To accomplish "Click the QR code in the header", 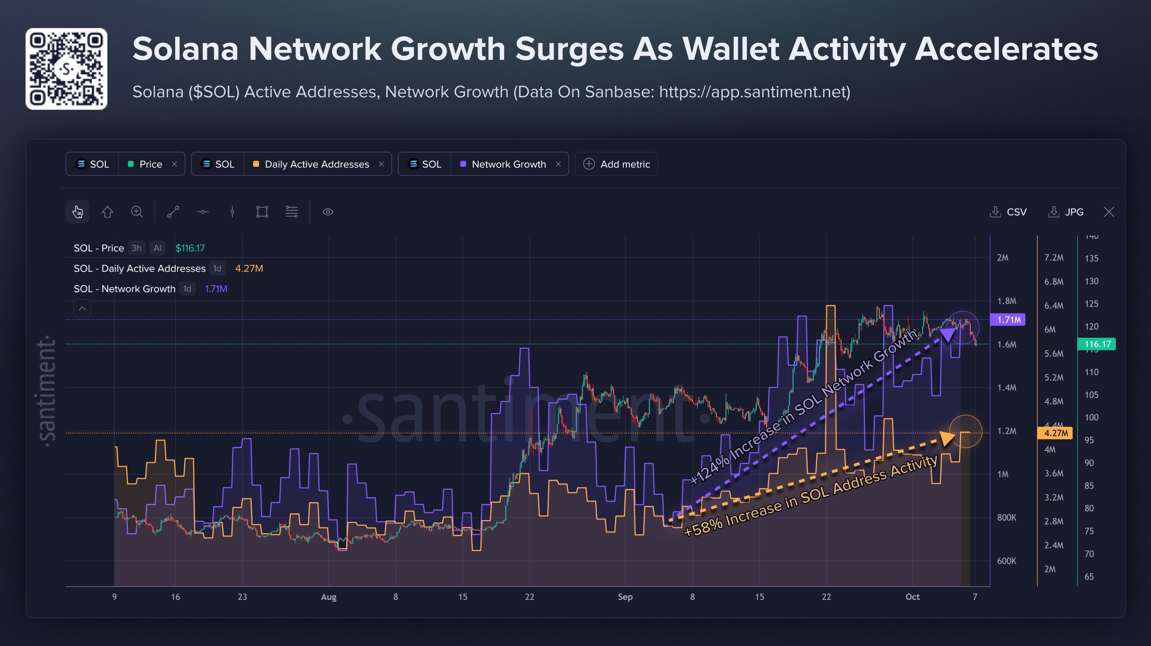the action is tap(66, 69).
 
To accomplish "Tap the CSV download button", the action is tap(1008, 212).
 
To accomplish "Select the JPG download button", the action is tap(1065, 212).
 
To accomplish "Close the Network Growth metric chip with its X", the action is tap(558, 164).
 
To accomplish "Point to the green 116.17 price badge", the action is tap(1097, 344).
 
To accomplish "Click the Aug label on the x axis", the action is tap(328, 597).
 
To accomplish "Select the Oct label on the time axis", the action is tap(912, 597).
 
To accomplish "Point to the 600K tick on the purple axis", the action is tap(1007, 561).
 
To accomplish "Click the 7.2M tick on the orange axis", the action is tap(1054, 258).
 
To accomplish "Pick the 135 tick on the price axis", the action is tap(1092, 258).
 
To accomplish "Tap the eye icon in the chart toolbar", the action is tap(328, 212).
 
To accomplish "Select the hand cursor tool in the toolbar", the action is tap(78, 212).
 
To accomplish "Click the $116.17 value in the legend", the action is tap(190, 248).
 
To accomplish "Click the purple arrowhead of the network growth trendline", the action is tap(948, 335).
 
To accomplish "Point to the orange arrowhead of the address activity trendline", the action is tap(947, 438).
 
